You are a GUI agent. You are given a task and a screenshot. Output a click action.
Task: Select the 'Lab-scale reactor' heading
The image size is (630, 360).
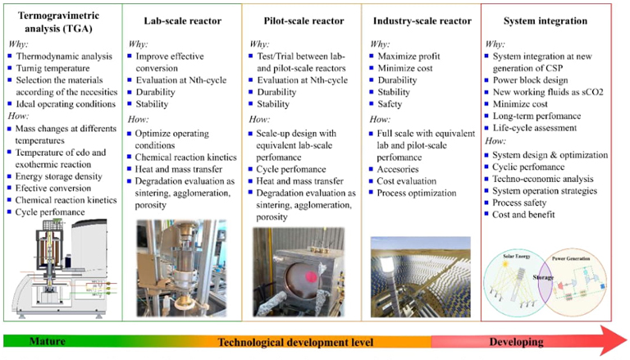(x=181, y=21)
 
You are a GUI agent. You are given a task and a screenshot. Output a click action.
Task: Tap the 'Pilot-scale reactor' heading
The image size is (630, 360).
(x=301, y=21)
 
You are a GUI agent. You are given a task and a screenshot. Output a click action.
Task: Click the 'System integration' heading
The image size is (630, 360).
(x=545, y=21)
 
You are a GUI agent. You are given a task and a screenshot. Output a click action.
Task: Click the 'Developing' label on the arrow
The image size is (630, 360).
(x=520, y=341)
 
